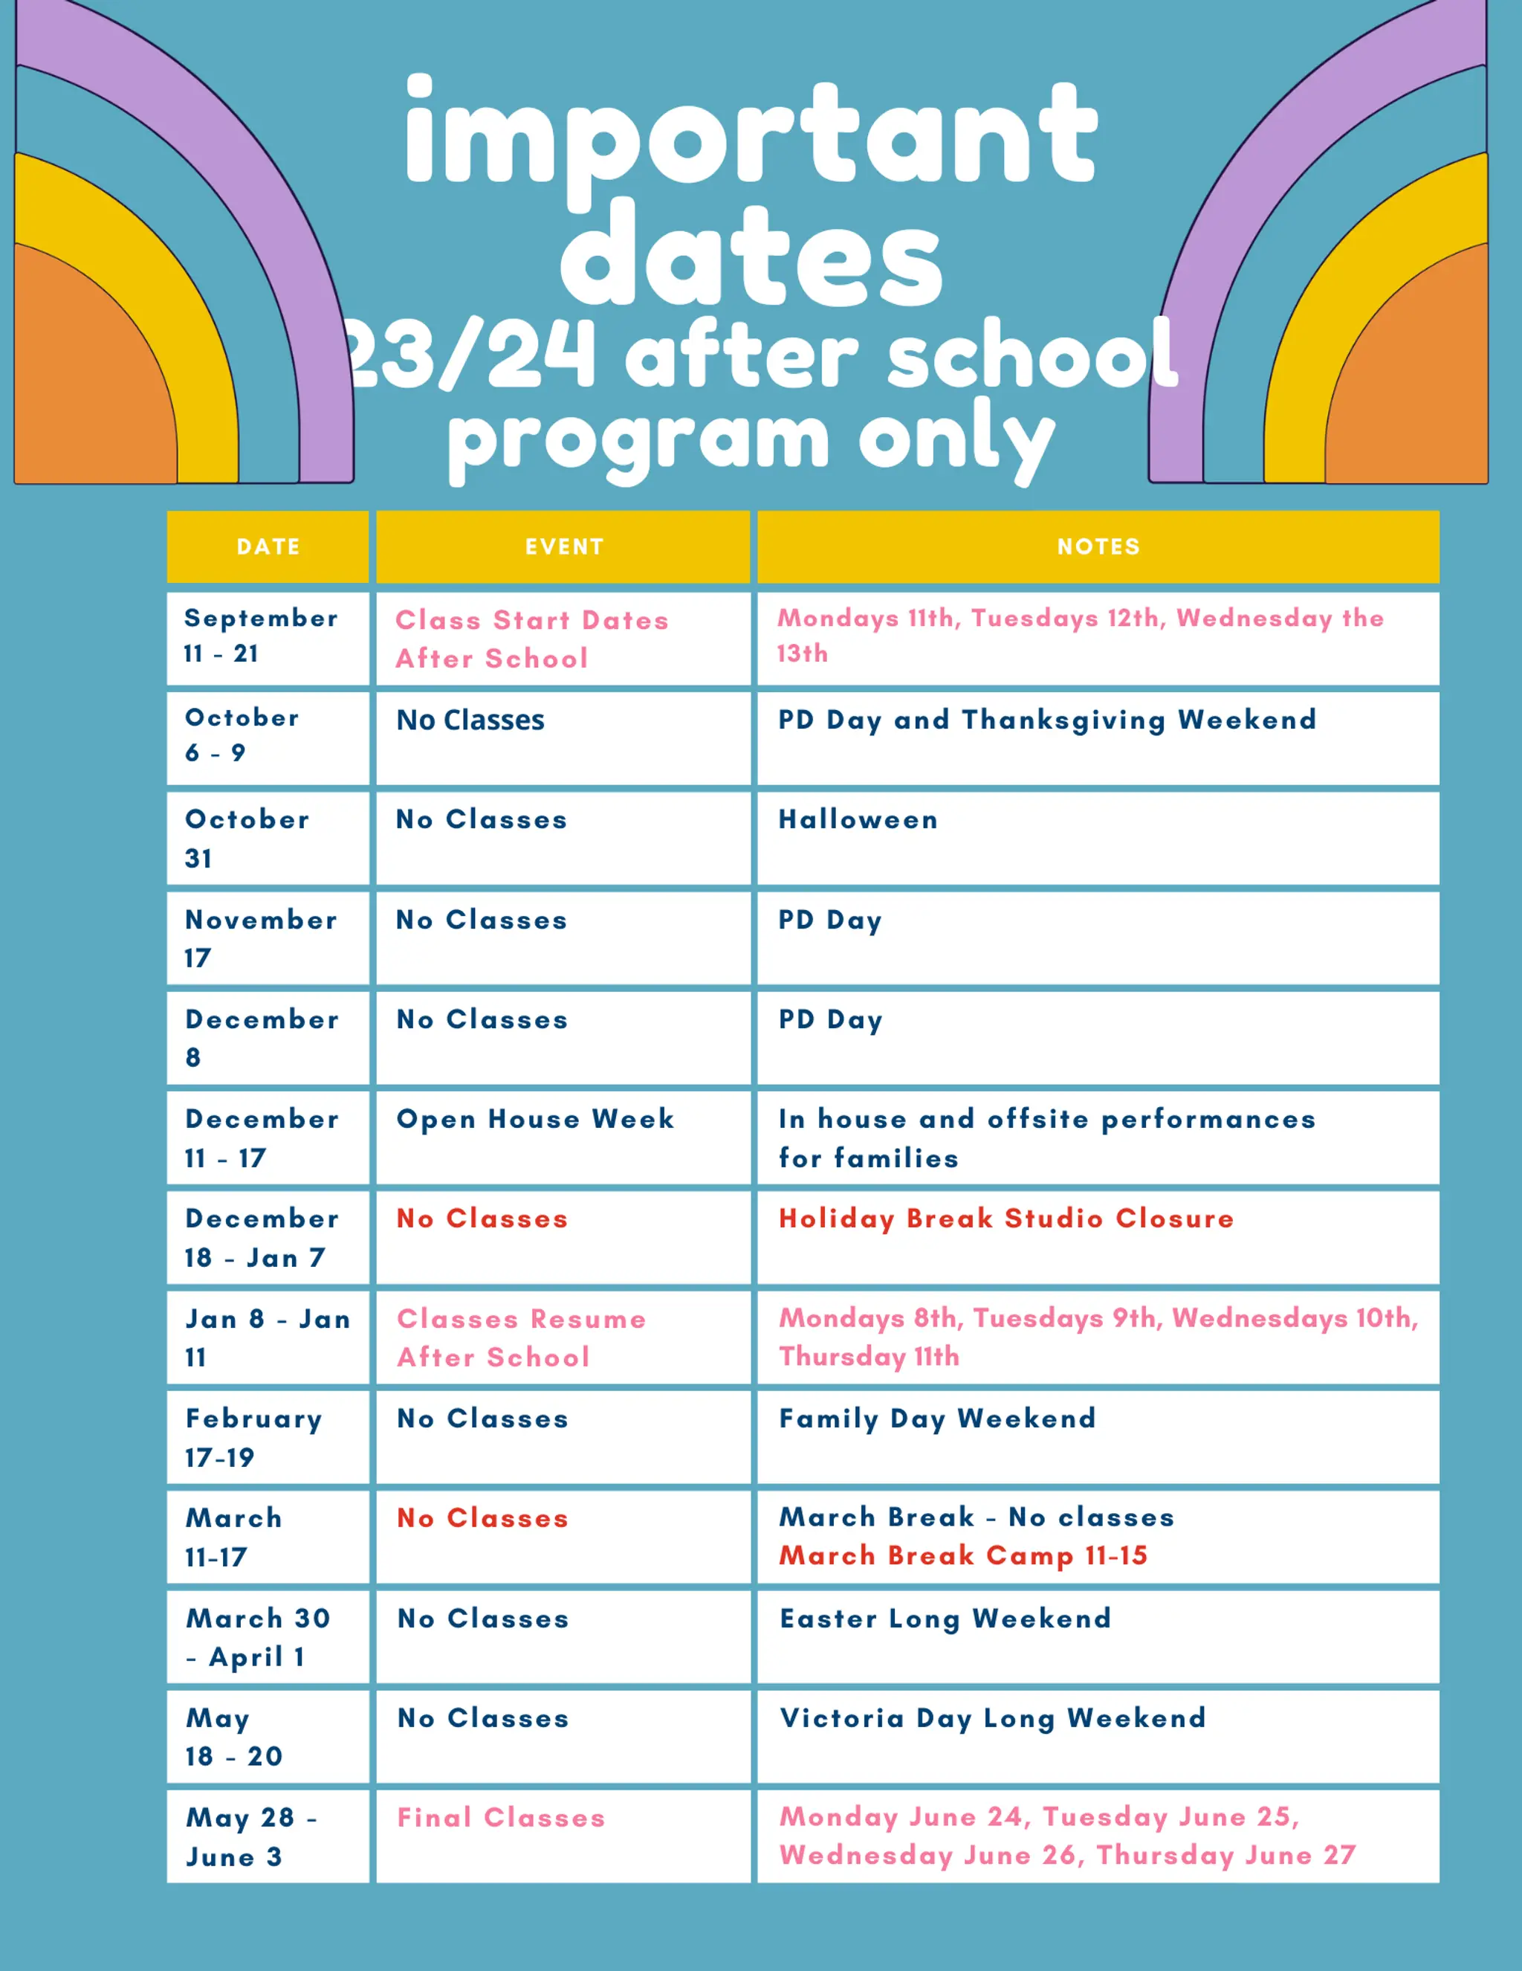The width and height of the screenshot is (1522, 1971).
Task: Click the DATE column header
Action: [x=268, y=547]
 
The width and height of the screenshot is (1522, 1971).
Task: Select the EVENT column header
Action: [x=564, y=547]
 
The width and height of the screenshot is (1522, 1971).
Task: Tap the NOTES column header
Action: [x=1098, y=547]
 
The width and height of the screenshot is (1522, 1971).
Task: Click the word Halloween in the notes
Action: [x=858, y=819]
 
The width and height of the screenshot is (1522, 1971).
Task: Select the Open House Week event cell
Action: [x=535, y=1119]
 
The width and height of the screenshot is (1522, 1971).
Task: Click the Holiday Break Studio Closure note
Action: [x=1006, y=1219]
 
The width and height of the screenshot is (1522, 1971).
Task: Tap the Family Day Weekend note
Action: [x=937, y=1418]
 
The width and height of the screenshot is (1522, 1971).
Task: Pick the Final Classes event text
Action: [x=501, y=1818]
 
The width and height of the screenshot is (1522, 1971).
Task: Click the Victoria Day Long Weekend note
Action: [x=992, y=1717]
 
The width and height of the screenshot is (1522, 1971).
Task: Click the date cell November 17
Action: [x=260, y=938]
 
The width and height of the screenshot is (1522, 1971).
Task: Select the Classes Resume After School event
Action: [x=522, y=1338]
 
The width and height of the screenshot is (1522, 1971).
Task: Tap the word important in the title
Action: [x=751, y=135]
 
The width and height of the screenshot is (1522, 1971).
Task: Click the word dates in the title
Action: [x=751, y=257]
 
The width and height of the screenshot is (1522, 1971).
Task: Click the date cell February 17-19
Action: [x=253, y=1438]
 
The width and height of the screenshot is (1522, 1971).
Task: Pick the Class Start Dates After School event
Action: [x=531, y=639]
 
